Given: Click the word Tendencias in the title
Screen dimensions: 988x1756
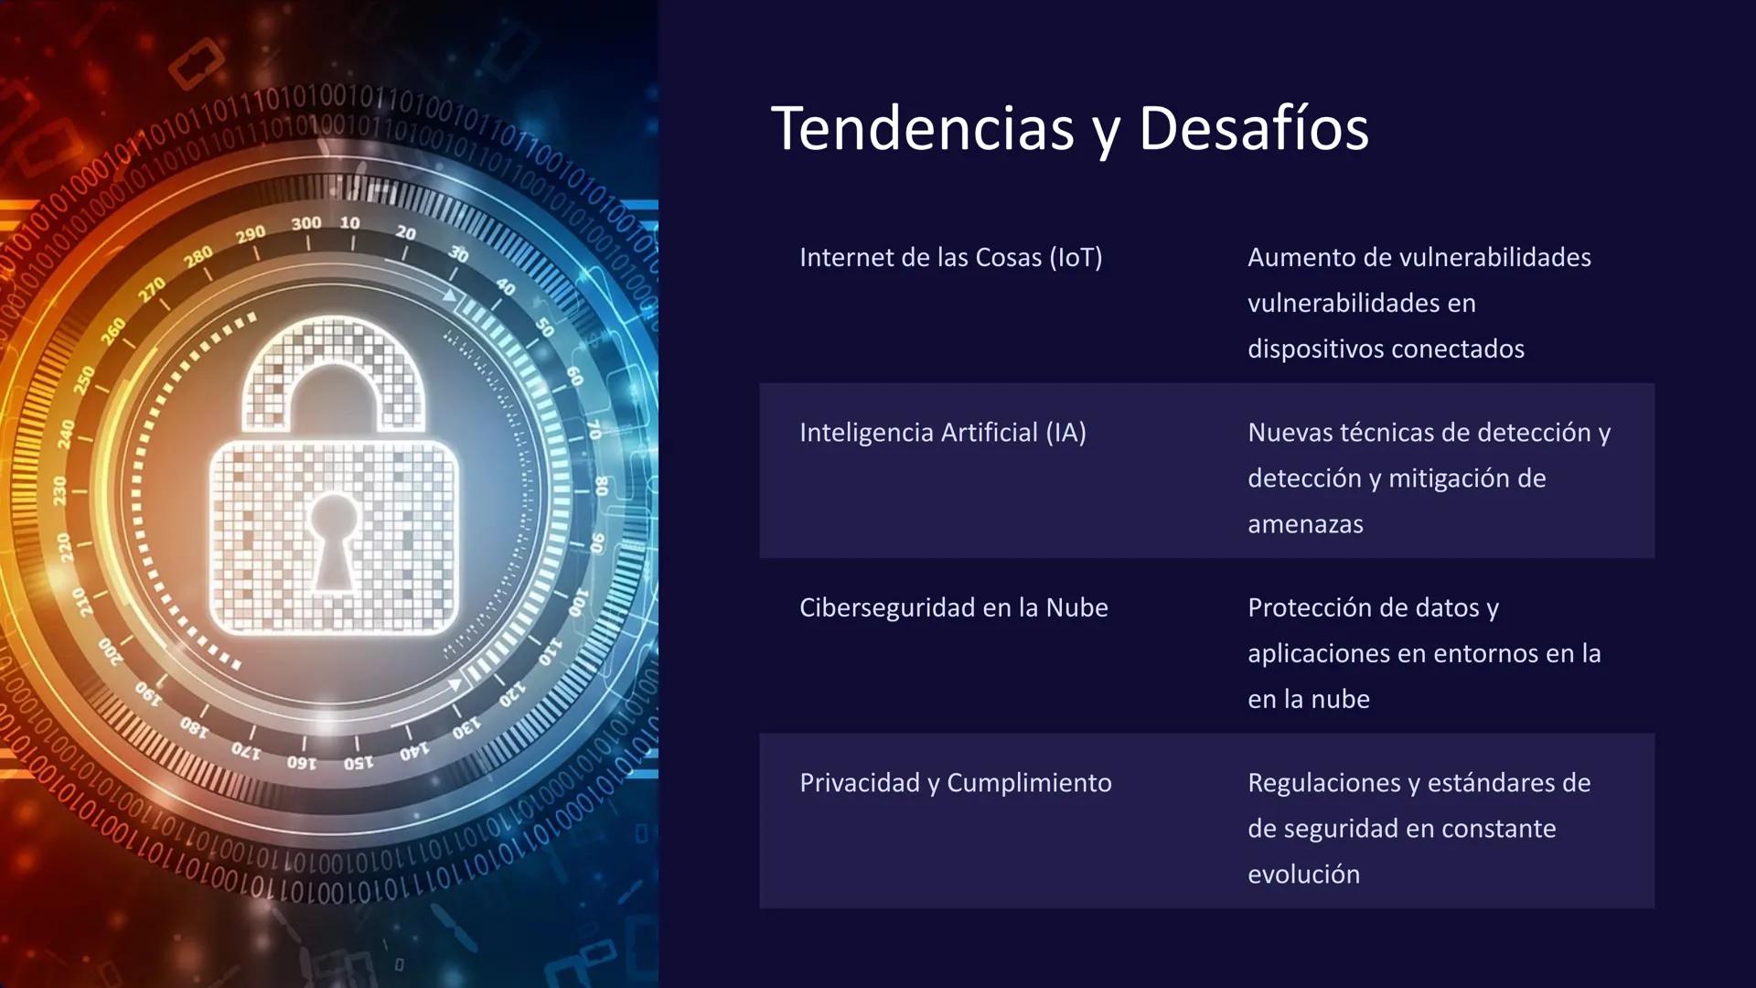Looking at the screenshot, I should point(922,128).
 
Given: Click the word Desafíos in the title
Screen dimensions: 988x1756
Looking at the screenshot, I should point(1253,128).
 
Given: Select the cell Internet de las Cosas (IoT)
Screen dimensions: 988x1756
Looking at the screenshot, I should point(951,258).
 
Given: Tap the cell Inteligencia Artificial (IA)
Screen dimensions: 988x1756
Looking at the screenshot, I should point(943,433).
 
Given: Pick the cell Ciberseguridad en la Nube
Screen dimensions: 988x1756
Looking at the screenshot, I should point(954,608).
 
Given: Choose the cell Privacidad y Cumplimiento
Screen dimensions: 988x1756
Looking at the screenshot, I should point(956,783).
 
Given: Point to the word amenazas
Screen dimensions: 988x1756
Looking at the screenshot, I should point(1305,525).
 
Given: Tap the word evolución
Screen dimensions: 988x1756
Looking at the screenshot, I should point(1303,875).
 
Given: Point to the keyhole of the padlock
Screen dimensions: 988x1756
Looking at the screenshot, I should point(334,540).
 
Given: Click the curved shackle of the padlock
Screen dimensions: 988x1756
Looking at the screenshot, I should point(334,366).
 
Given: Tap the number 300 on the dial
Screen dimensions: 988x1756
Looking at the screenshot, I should point(306,223).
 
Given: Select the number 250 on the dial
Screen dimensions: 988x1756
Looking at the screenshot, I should point(85,380).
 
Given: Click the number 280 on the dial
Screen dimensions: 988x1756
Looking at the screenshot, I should point(198,257).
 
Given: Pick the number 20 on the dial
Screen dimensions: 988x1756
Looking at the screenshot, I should point(406,233).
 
